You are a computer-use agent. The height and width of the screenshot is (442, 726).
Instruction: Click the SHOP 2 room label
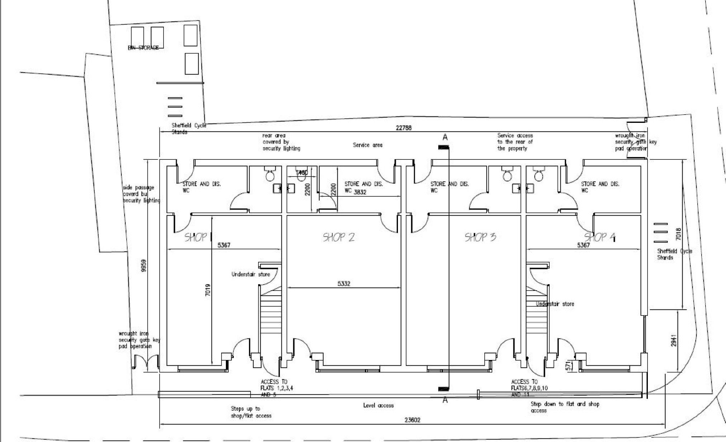tap(339, 237)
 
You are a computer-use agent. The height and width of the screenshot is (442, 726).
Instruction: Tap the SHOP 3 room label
tap(480, 237)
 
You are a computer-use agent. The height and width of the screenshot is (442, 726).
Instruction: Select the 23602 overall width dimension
tap(412, 420)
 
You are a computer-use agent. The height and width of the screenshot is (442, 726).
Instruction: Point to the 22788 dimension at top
tap(403, 128)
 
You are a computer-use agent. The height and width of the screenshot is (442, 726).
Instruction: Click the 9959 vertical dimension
tap(144, 265)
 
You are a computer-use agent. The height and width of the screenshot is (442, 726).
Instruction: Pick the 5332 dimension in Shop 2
tap(343, 284)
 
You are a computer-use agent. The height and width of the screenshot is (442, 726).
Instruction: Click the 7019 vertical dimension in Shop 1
tap(208, 290)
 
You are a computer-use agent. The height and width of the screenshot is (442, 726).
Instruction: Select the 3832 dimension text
tap(360, 192)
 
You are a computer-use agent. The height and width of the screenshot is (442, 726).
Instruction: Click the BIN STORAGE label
tap(143, 48)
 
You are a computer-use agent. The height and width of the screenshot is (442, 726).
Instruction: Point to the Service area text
tap(367, 145)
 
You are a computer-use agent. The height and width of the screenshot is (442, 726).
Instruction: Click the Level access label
tap(378, 405)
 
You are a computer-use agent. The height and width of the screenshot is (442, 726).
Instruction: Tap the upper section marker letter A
tap(445, 137)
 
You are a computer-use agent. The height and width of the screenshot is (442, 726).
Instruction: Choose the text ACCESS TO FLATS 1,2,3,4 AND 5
tap(274, 388)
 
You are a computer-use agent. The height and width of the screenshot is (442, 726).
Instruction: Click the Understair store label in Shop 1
tap(251, 274)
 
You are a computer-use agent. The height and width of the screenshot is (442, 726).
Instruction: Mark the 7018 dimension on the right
tap(678, 234)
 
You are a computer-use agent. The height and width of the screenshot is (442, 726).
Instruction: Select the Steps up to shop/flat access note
tap(251, 412)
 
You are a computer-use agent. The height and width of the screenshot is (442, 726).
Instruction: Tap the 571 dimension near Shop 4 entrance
tap(568, 366)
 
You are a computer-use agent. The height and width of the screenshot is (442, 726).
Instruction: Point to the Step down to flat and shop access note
tap(565, 407)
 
